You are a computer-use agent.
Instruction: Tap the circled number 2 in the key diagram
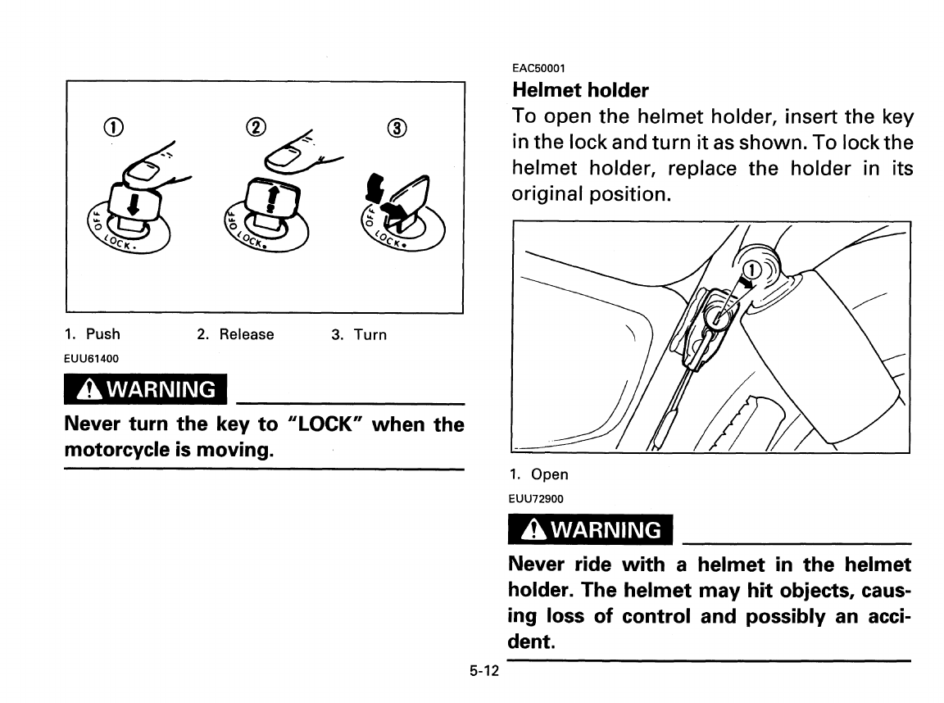click(x=256, y=128)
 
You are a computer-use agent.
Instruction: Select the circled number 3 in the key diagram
click(x=397, y=128)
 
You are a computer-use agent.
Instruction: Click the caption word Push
click(x=102, y=334)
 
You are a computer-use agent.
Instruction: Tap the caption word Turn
click(x=370, y=334)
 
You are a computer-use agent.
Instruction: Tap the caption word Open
click(x=549, y=474)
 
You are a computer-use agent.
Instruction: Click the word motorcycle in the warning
click(x=130, y=451)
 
